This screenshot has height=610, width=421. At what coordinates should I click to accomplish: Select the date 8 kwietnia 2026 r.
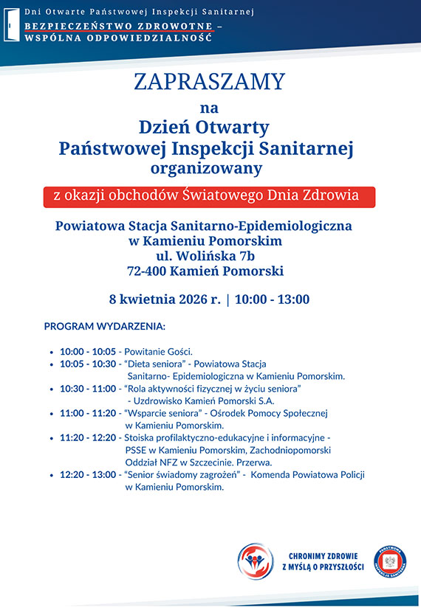point(163,299)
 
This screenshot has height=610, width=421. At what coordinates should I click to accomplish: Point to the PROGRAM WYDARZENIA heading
point(105,326)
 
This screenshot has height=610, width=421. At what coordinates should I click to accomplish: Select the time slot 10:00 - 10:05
point(88,352)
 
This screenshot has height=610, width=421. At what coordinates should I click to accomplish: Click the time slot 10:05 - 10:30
point(88,364)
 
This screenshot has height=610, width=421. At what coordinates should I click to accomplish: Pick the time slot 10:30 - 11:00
point(88,388)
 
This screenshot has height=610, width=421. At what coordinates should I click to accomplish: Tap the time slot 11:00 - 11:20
point(88,413)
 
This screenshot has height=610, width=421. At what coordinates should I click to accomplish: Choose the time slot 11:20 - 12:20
point(88,437)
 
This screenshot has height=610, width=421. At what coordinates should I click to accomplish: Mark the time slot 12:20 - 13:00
point(88,475)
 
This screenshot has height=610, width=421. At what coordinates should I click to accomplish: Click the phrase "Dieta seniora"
point(154,364)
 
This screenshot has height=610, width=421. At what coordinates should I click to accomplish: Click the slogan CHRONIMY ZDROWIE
point(324,555)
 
